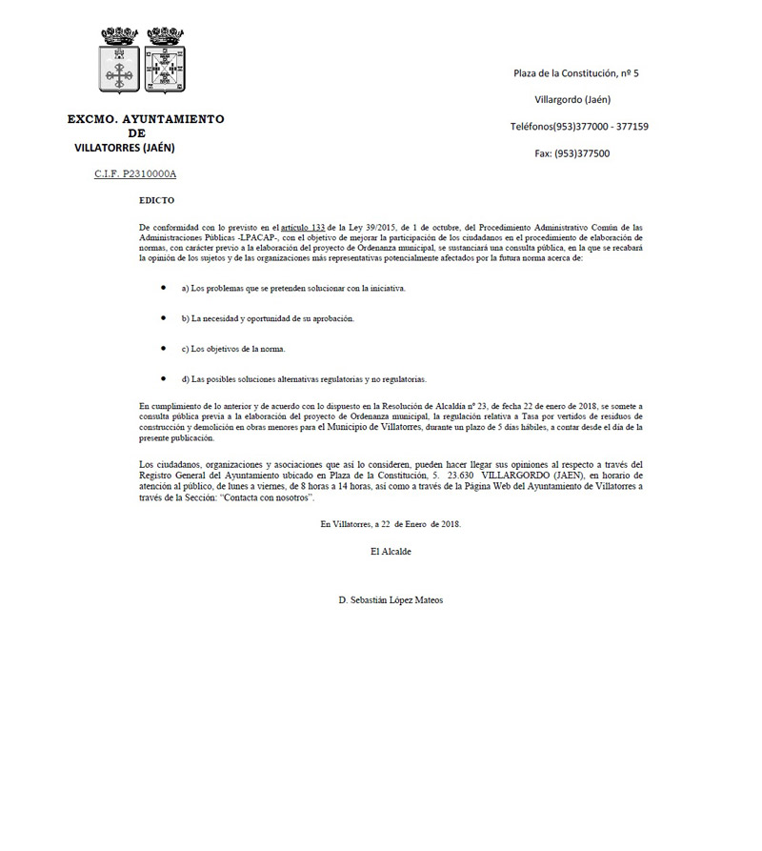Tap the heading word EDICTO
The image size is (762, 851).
156,201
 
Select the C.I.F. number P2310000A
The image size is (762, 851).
135,174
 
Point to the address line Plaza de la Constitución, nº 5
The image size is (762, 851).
575,73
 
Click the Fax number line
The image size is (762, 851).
572,153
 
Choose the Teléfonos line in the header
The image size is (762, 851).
579,127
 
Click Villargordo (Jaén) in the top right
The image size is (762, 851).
573,100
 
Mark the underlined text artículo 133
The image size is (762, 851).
297,227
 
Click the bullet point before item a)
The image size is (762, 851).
163,287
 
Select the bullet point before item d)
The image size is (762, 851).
163,378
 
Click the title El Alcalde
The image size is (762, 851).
391,551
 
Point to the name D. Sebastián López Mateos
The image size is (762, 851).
391,600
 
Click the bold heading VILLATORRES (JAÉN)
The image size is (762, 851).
125,148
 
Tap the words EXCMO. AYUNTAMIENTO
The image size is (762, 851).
146,120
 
